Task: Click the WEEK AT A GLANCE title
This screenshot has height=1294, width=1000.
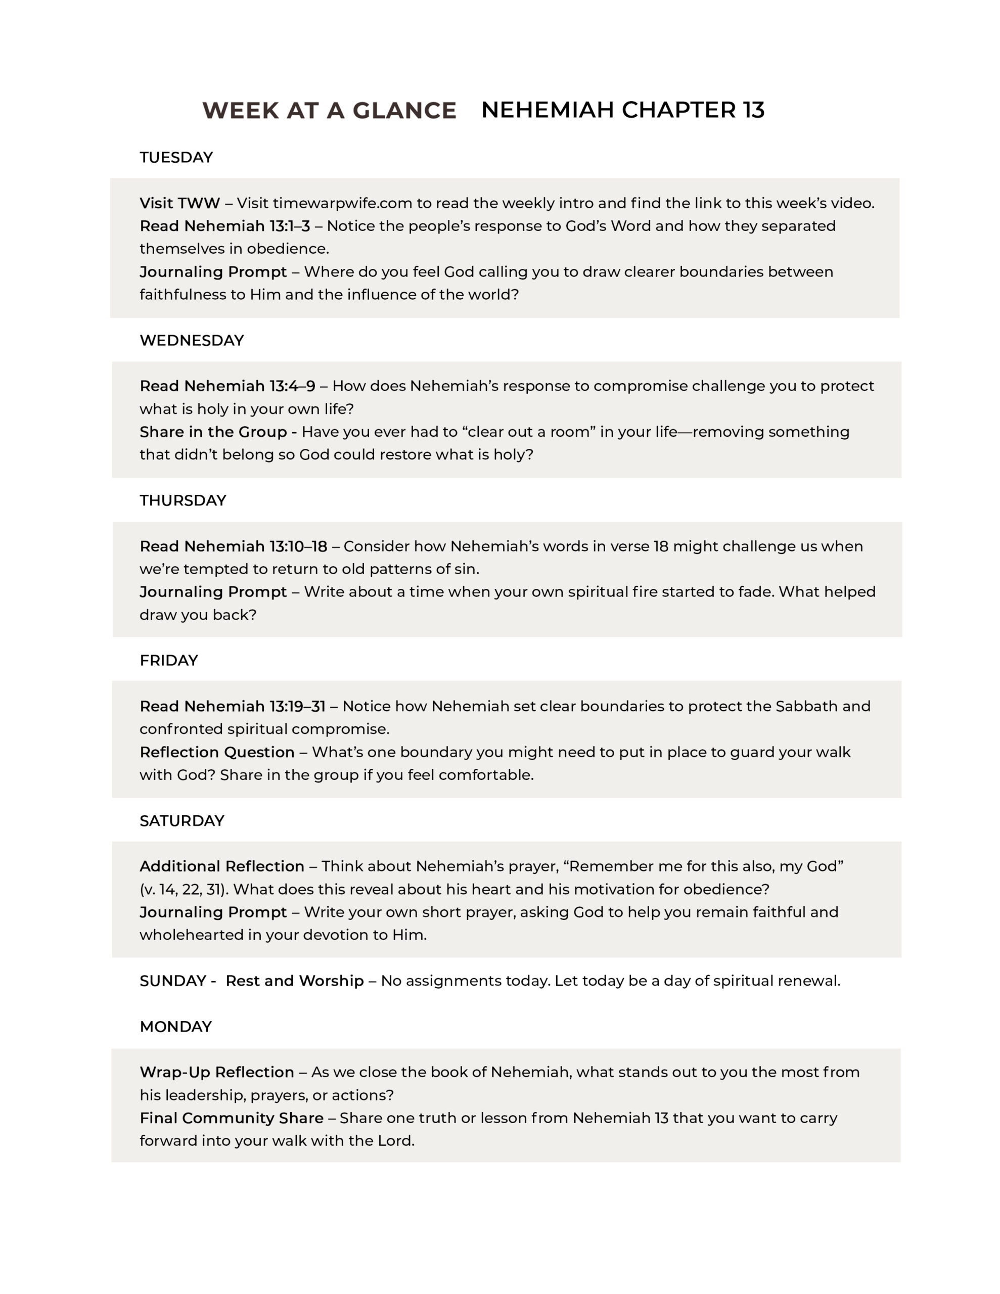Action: pos(329,111)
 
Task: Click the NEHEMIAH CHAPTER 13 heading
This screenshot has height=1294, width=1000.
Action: pos(622,110)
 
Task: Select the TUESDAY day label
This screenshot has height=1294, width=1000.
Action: pos(176,158)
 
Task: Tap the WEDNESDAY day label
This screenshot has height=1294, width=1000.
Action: pos(192,341)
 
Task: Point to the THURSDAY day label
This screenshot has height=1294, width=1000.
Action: pos(183,500)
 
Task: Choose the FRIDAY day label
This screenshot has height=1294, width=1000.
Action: pos(168,661)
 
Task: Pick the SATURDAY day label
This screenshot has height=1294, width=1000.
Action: pos(181,820)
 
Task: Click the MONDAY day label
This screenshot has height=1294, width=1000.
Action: pos(175,1027)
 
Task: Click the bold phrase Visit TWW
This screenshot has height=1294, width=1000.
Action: pos(179,203)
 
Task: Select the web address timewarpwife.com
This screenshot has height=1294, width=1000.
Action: pos(342,203)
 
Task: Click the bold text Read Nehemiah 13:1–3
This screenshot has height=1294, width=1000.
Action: pos(224,226)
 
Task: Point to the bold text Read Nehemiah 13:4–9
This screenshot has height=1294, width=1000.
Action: pos(227,386)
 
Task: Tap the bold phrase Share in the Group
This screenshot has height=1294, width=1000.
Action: pos(213,432)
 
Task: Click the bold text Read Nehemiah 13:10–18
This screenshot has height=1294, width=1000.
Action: pos(233,546)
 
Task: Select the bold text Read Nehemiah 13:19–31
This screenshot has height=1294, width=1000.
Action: pos(233,706)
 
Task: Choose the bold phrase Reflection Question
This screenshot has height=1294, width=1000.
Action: pos(217,753)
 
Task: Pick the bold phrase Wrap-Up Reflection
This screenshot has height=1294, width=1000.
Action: pos(216,1073)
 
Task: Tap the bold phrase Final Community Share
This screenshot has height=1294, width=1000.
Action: pos(231,1118)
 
